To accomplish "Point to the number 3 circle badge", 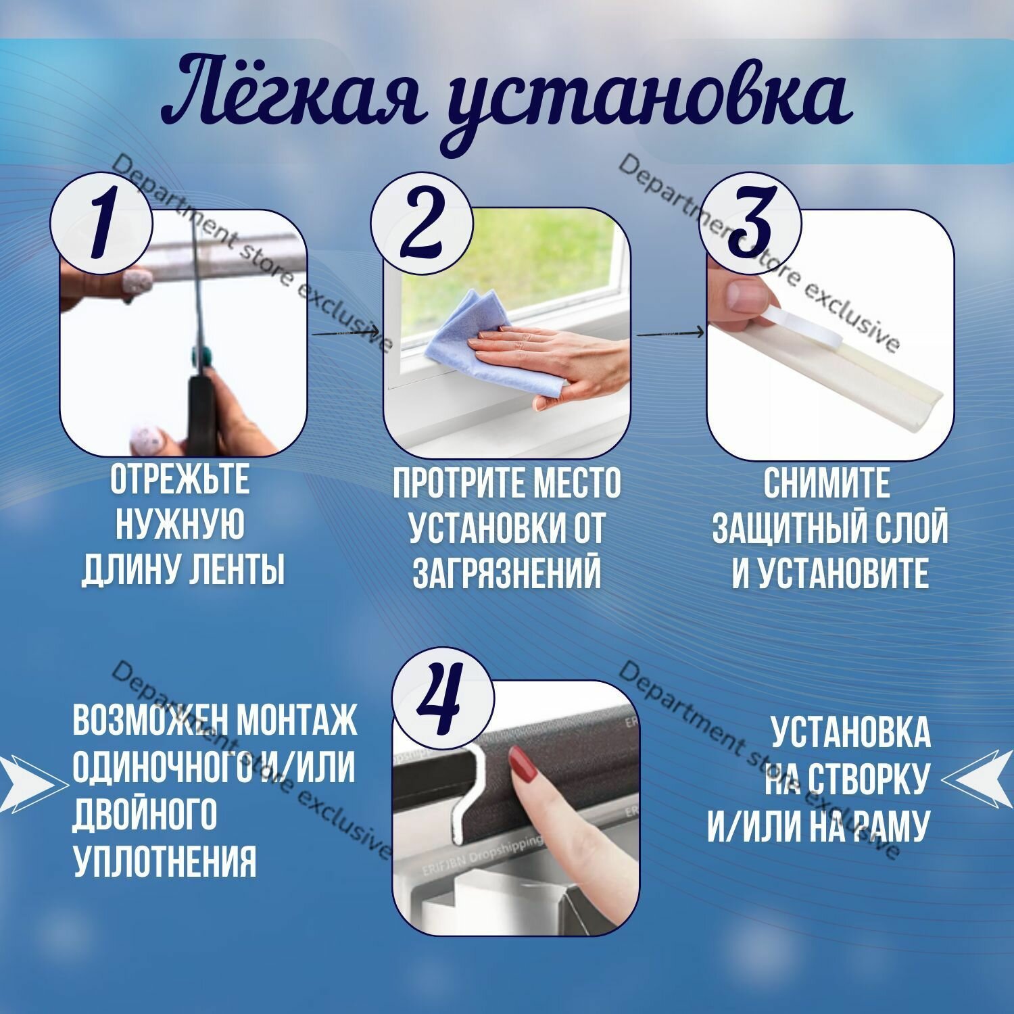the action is [x=751, y=223].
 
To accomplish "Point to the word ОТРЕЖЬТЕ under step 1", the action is [x=180, y=479].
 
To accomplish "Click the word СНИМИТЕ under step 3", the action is [x=827, y=483].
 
